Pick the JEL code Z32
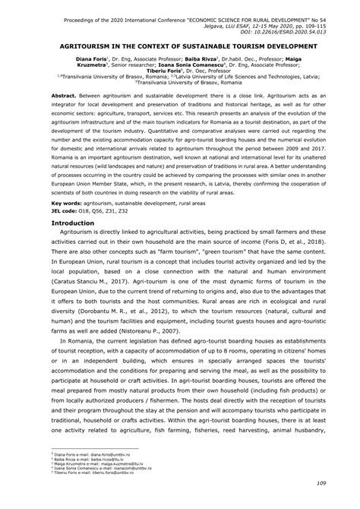[x=127, y=210]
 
